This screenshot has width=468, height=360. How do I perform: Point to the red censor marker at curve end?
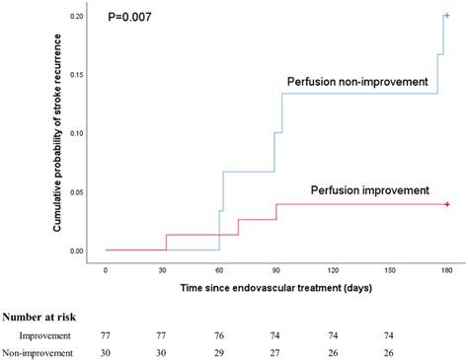tap(447, 204)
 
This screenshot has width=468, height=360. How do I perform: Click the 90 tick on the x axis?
tap(276, 269)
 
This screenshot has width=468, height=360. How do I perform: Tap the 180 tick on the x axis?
tap(447, 269)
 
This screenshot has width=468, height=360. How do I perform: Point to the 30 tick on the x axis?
tap(163, 269)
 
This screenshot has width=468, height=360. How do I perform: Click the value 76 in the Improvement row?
tap(219, 335)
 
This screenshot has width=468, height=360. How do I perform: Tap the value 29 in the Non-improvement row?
tap(219, 352)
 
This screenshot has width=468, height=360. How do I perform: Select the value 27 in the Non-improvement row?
tap(276, 352)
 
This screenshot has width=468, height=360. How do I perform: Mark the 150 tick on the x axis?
tap(390, 269)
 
